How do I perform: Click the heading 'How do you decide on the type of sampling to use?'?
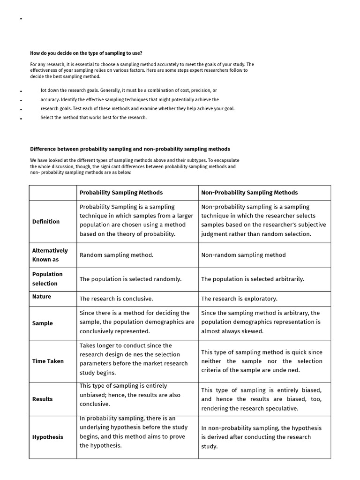(86, 53)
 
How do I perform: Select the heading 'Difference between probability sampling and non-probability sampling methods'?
(130, 149)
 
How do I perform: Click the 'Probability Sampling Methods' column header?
(121, 193)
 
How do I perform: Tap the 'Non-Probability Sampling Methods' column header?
(249, 193)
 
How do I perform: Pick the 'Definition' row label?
(46, 222)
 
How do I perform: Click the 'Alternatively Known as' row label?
(50, 255)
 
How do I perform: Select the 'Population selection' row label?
(47, 279)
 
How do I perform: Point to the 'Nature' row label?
(42, 297)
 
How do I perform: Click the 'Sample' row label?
(43, 323)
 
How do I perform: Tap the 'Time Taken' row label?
(48, 361)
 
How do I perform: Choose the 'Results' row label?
(43, 399)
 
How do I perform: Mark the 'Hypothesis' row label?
(48, 437)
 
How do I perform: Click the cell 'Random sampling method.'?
(117, 255)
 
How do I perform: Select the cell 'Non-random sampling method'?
(243, 255)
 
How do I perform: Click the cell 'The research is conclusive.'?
(116, 299)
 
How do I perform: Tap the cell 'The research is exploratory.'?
(239, 299)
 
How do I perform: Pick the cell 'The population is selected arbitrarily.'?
(253, 279)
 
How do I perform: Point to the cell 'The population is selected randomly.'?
(130, 279)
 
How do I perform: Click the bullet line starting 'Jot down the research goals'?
(128, 90)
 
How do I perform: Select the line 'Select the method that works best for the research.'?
(94, 118)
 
